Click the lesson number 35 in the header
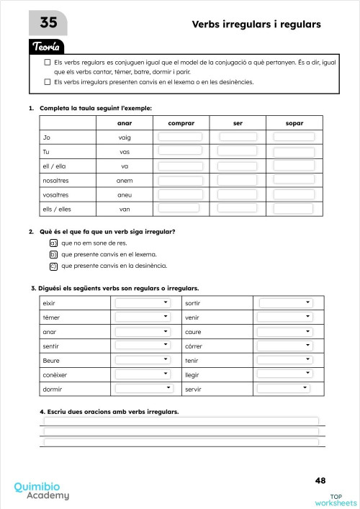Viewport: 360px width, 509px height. (48, 24)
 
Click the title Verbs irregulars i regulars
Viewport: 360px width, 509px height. (256, 24)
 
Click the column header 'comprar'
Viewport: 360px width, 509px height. (181, 122)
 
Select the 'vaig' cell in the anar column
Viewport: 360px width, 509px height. (125, 137)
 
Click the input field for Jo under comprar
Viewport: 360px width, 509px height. (179, 137)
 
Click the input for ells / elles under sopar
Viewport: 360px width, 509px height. (293, 208)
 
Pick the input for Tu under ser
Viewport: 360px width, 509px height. (238, 151)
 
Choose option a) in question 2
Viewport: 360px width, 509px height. (53, 243)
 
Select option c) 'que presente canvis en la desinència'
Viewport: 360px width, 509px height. (53, 266)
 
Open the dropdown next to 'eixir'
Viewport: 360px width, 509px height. (143, 303)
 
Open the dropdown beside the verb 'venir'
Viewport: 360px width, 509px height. (286, 317)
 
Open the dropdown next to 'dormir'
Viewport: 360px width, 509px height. (144, 388)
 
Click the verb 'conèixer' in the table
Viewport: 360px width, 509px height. (55, 374)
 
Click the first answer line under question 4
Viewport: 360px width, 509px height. (181, 421)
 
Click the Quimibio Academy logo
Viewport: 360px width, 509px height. (42, 490)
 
